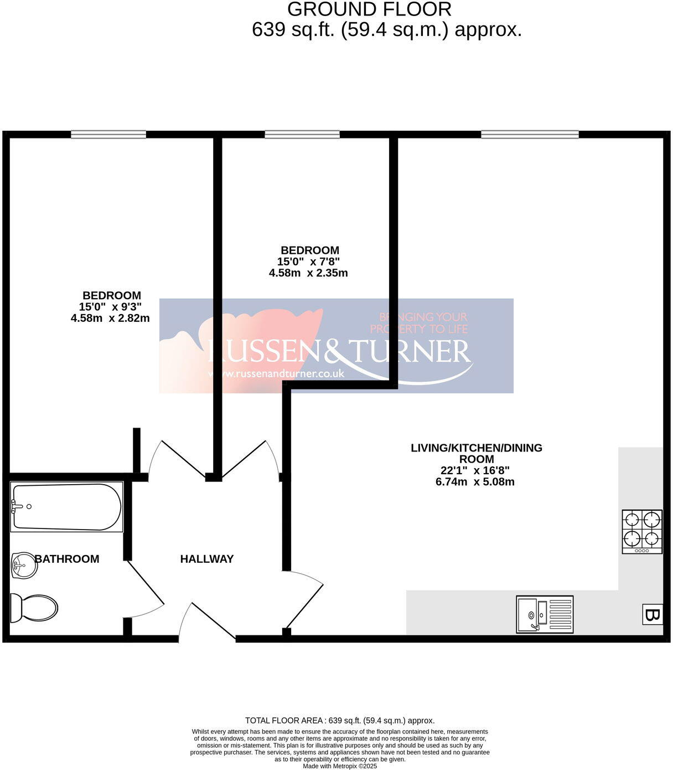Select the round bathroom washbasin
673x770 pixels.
coord(24,566)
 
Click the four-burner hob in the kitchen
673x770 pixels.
coord(642,531)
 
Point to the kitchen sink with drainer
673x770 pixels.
coord(545,614)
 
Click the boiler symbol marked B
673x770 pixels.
coord(651,614)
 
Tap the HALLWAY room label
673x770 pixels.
coord(207,559)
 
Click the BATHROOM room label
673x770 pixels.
coord(67,559)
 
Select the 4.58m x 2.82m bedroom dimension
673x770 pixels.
coord(110,318)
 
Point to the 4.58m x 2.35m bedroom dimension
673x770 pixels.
coord(308,273)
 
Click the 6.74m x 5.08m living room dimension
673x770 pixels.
coord(475,481)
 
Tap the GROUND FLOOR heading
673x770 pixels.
coord(369,9)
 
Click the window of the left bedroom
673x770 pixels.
coord(108,134)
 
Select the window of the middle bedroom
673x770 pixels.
coord(302,134)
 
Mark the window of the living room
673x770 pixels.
coord(530,134)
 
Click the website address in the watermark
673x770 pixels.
coord(276,373)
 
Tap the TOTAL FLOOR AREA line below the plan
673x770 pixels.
coord(340,721)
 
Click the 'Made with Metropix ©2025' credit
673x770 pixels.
coord(340,766)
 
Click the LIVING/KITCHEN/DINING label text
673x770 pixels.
coord(476,448)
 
